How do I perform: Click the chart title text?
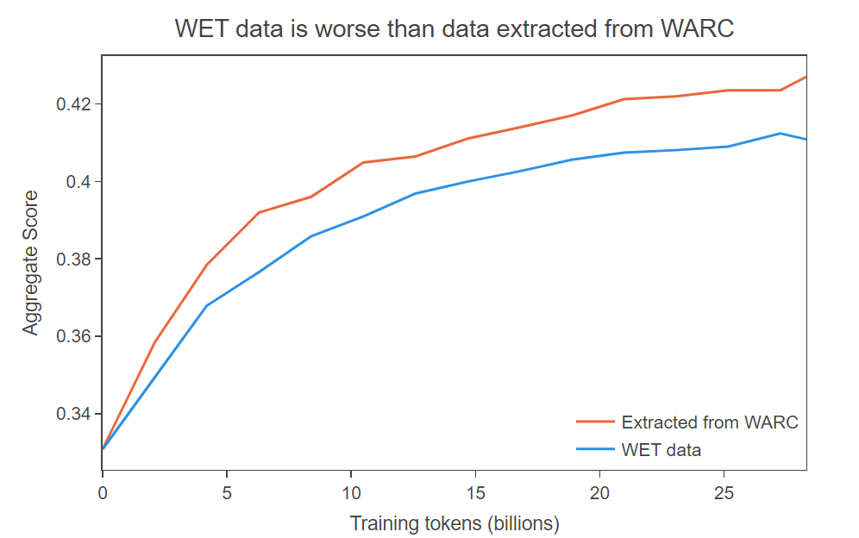pyautogui.click(x=454, y=28)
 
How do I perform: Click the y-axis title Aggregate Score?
pyautogui.click(x=31, y=263)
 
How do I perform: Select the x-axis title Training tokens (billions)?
pyautogui.click(x=455, y=523)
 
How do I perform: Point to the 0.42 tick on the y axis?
pyautogui.click(x=74, y=104)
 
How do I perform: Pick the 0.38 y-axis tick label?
pyautogui.click(x=74, y=260)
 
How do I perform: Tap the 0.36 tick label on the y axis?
pyautogui.click(x=74, y=337)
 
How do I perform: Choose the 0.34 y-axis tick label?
pyautogui.click(x=74, y=415)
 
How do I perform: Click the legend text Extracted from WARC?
pyautogui.click(x=710, y=422)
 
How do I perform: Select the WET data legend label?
pyautogui.click(x=661, y=449)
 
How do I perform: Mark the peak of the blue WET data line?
pyautogui.click(x=780, y=134)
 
